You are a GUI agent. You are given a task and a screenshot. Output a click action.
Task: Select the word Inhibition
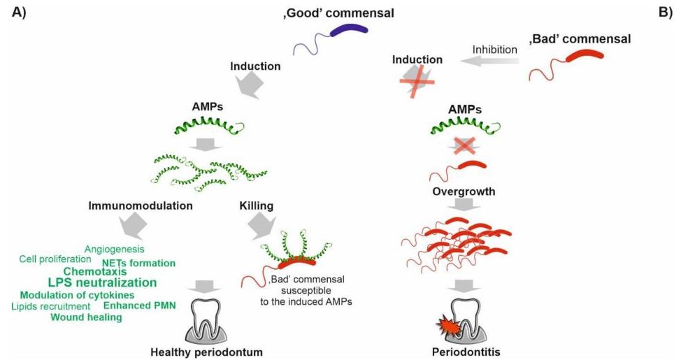[x=495, y=50]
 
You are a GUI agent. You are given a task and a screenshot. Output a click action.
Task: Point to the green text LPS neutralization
[x=103, y=282]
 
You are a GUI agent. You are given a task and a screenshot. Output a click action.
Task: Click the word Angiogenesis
[x=114, y=250]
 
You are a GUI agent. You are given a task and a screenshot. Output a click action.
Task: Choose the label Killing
[x=256, y=206]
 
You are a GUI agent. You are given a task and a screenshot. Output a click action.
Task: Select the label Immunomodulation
[x=141, y=206]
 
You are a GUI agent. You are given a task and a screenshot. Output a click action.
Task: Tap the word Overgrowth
[x=464, y=192]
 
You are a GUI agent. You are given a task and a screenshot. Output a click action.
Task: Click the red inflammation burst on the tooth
[x=447, y=327]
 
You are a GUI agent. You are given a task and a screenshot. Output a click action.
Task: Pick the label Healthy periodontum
[x=206, y=352]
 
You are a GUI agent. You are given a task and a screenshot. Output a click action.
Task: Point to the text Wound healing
[x=87, y=317]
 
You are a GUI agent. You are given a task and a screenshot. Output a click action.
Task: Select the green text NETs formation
[x=139, y=263]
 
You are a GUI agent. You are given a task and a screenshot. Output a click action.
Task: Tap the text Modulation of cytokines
[x=78, y=295]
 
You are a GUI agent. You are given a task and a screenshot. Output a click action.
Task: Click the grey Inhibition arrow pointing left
[x=491, y=62]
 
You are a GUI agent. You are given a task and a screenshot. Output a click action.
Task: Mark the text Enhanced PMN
[x=139, y=305]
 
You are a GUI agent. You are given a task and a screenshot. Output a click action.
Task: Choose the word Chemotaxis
[x=95, y=272]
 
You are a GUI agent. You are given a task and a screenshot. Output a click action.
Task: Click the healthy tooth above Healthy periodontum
[x=207, y=319]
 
